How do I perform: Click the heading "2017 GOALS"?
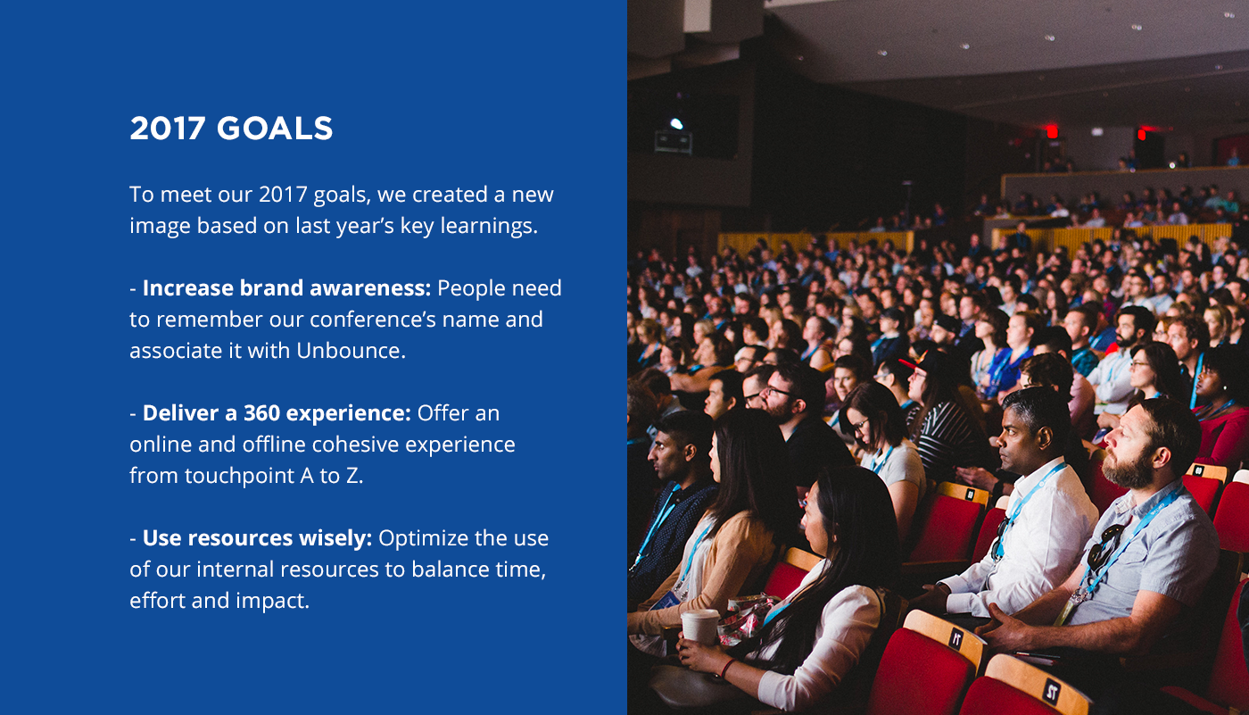click(231, 129)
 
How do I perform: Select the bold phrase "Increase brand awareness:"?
click(286, 288)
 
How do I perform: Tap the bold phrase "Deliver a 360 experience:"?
click(277, 413)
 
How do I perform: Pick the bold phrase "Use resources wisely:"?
click(257, 538)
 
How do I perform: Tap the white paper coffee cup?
click(700, 625)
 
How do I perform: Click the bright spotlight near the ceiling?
click(676, 123)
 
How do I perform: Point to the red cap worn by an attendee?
click(915, 362)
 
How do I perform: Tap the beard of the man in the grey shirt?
click(1128, 469)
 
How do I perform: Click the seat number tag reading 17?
click(956, 639)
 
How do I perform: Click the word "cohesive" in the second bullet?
click(355, 445)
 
